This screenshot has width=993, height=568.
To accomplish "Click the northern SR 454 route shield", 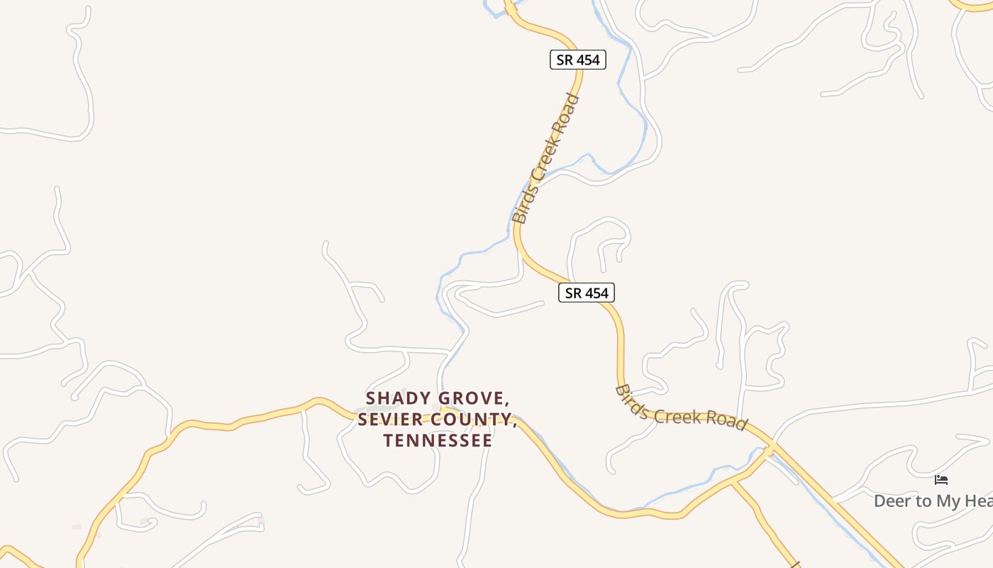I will pyautogui.click(x=578, y=60).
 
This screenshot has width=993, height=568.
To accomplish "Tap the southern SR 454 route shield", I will pyautogui.click(x=587, y=293).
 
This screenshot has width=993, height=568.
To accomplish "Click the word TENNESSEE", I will pyautogui.click(x=438, y=440).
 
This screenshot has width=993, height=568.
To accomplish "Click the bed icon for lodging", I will pyautogui.click(x=941, y=480).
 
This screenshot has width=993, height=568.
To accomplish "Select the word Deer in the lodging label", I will pyautogui.click(x=892, y=501).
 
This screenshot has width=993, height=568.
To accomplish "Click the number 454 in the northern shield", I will pyautogui.click(x=587, y=60).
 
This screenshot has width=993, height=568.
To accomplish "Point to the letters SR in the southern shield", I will pyautogui.click(x=572, y=293).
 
